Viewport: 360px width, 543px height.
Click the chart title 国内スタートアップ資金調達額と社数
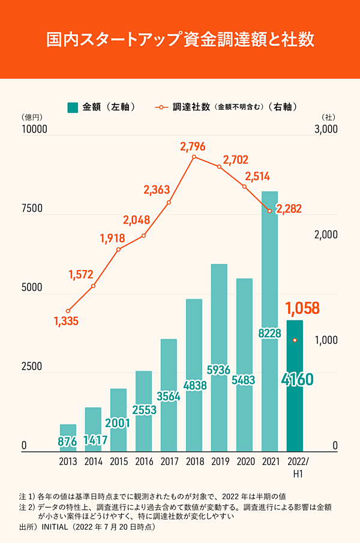180,40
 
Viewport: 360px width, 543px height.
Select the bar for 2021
269,270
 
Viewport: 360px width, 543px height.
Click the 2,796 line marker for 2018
194,157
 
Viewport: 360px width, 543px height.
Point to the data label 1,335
66,321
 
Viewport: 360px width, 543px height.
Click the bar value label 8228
269,332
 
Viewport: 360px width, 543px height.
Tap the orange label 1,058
303,308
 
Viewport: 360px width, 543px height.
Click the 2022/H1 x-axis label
296,467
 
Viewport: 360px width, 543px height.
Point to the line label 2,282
289,209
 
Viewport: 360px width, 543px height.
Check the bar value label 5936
219,370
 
